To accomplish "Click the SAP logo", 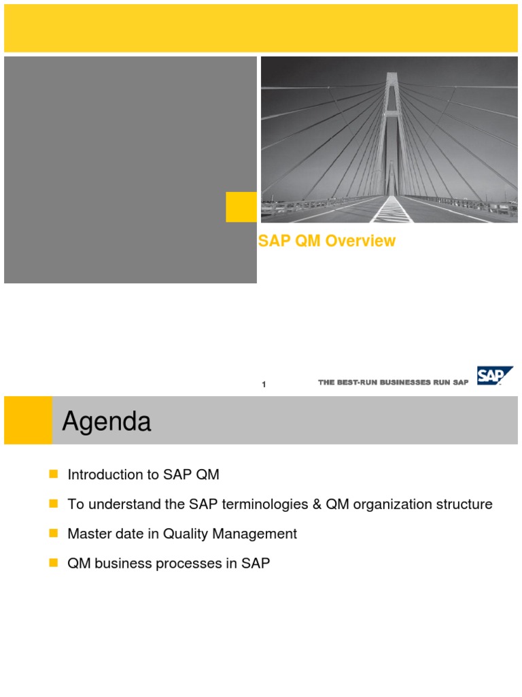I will [494, 376].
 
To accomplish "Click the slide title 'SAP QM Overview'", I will [327, 242].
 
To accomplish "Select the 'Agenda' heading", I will [107, 423].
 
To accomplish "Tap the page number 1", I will [264, 385].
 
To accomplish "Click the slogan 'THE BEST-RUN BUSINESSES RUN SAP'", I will [393, 383].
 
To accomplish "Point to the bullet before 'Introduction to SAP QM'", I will [54, 475].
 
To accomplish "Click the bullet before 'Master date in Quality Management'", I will [54, 534].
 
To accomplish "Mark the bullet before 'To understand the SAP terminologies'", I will [54, 504].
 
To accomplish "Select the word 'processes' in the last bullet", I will [196, 564].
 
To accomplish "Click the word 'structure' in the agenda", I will [462, 504].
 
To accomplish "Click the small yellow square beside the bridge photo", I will [241, 207].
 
